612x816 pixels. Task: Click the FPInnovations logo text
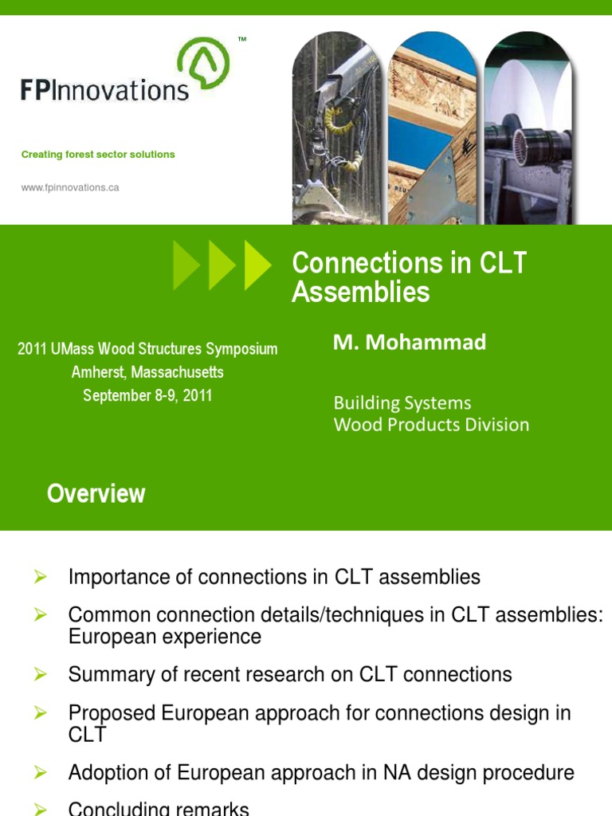pyautogui.click(x=104, y=89)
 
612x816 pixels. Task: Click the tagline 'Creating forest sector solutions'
pyautogui.click(x=98, y=155)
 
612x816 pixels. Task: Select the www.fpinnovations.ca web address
pyautogui.click(x=70, y=188)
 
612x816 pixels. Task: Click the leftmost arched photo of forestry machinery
pyautogui.click(x=337, y=131)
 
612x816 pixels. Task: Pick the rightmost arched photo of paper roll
pyautogui.click(x=528, y=131)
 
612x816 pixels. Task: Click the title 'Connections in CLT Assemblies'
pyautogui.click(x=409, y=277)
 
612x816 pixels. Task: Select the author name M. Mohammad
pyautogui.click(x=410, y=343)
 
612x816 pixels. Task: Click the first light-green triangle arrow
pyautogui.click(x=186, y=265)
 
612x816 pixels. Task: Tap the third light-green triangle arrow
pyautogui.click(x=257, y=265)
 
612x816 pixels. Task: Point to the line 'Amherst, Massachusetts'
pyautogui.click(x=147, y=372)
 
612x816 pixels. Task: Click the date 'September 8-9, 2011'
pyautogui.click(x=147, y=395)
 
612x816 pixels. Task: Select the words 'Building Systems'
pyautogui.click(x=402, y=403)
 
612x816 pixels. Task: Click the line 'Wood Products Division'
pyautogui.click(x=430, y=425)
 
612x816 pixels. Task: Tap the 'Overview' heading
pyautogui.click(x=96, y=494)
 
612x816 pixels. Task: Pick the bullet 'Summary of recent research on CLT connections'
pyautogui.click(x=290, y=675)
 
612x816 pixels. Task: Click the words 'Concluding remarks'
pyautogui.click(x=159, y=809)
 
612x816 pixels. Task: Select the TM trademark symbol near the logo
pyautogui.click(x=242, y=38)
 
